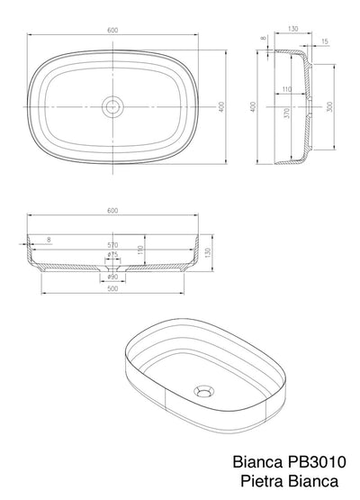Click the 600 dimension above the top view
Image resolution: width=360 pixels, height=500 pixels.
[x=112, y=30]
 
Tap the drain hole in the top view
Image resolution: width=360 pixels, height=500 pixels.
[x=113, y=106]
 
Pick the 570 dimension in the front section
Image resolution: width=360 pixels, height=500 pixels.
[x=112, y=244]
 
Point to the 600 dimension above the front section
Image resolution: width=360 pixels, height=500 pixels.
[x=112, y=212]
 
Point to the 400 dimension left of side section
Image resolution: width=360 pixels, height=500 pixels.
[x=255, y=106]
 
